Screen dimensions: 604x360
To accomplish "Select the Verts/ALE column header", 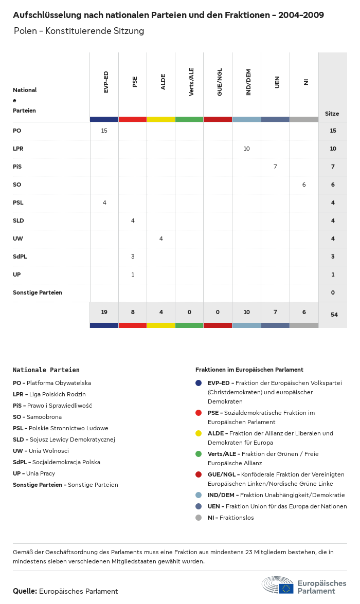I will click(192, 82).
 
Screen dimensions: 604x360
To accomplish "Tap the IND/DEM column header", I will click(249, 82).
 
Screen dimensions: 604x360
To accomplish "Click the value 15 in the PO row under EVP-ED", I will click(104, 131).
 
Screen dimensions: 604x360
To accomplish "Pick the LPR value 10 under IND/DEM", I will click(247, 149).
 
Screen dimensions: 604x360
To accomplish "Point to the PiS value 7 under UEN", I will click(276, 167).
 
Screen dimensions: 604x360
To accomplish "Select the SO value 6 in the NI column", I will click(304, 185).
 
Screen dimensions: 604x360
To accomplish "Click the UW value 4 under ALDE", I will click(161, 239).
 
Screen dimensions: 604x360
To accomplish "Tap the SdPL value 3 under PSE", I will click(133, 257).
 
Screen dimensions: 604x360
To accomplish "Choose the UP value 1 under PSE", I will click(133, 274).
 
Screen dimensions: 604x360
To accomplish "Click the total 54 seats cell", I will click(334, 315).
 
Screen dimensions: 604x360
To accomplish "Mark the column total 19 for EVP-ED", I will click(104, 312).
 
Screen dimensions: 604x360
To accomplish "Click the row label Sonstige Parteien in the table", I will click(38, 292).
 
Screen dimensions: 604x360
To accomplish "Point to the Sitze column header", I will click(332, 114).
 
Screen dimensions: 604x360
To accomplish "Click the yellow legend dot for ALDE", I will click(199, 433).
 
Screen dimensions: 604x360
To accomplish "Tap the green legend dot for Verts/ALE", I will click(199, 454).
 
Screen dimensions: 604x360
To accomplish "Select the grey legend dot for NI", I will click(199, 518).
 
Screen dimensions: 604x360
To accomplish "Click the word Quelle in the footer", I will click(25, 591).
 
